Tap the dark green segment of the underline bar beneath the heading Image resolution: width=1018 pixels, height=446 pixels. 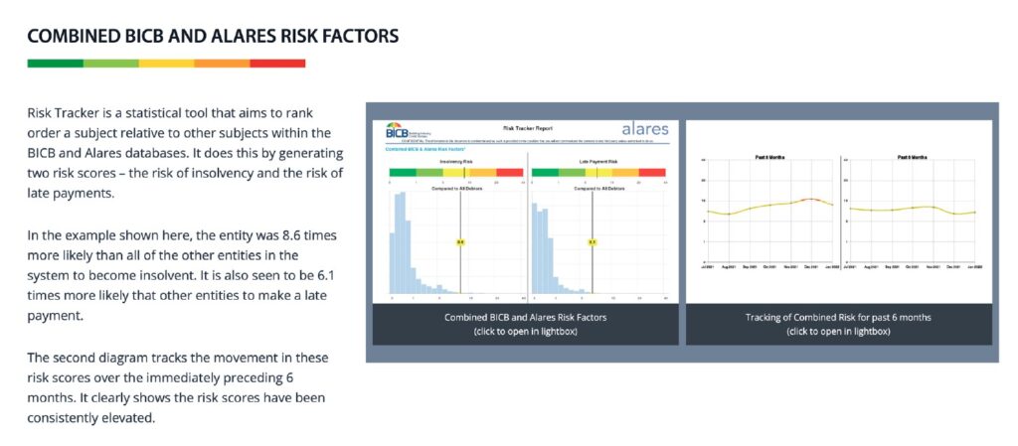tap(55, 64)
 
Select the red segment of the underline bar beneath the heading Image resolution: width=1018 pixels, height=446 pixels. tap(277, 64)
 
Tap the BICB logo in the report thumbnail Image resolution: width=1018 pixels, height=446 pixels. tap(404, 131)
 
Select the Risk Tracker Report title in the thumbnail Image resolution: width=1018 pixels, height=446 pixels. tap(527, 128)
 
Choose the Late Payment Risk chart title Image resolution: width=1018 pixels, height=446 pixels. tap(598, 161)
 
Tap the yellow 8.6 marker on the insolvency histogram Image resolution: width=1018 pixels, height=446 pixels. tap(459, 241)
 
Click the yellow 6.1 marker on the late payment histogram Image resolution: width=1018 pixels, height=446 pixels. tap(592, 241)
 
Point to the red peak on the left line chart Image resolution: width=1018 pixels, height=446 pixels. tap(812, 200)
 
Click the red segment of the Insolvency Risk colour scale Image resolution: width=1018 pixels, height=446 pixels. tap(509, 172)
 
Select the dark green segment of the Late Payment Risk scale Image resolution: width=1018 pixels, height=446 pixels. tap(545, 172)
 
